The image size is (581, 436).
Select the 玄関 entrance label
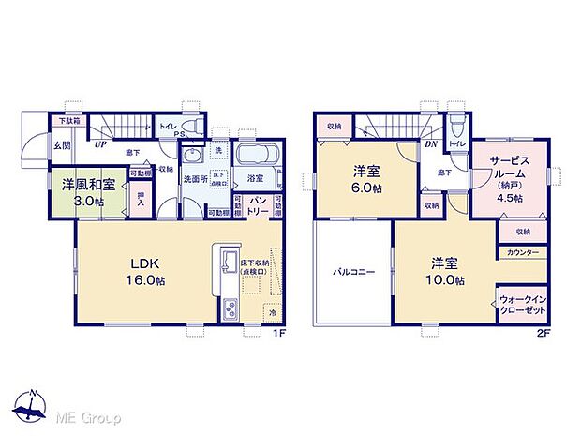61,144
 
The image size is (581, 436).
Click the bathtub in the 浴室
254,156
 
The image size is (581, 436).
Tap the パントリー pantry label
260,207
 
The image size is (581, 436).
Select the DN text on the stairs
432,143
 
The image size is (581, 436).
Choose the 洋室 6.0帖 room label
366,178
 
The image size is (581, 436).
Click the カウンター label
521,253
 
